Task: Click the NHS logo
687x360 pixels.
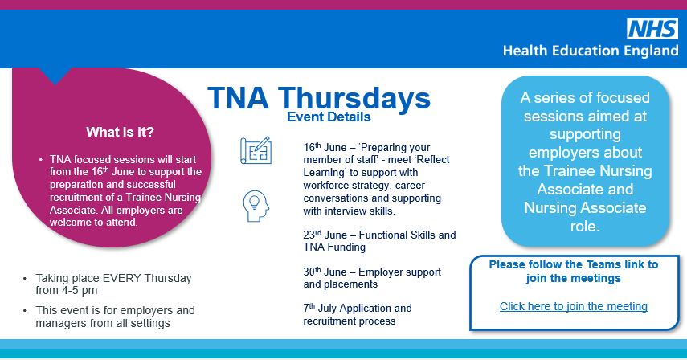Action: (x=652, y=30)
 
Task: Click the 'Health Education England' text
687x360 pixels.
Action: (x=591, y=51)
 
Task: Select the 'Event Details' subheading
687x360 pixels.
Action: (x=329, y=117)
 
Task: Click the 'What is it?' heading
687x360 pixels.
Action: (x=121, y=132)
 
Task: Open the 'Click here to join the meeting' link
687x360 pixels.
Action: (x=573, y=306)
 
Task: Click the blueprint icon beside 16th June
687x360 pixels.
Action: (x=256, y=151)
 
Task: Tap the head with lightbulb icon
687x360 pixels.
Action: (x=256, y=206)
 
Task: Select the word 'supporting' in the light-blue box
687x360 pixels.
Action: (x=586, y=133)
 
